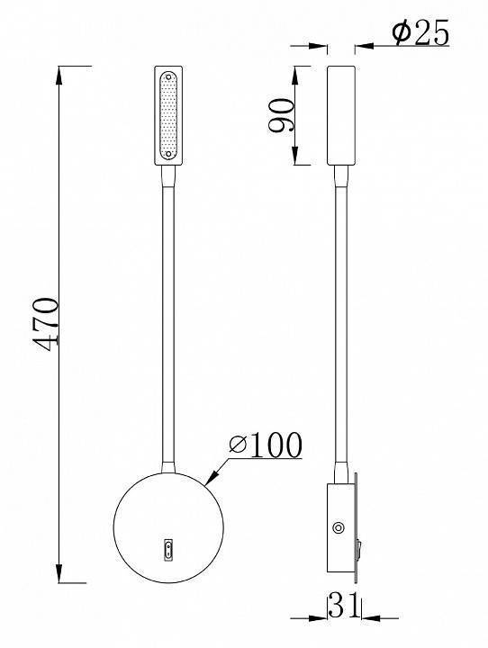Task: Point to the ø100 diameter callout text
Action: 265,444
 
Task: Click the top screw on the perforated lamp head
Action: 168,76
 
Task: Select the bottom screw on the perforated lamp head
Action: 168,156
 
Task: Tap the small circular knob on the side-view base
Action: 339,529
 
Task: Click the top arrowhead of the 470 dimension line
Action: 61,73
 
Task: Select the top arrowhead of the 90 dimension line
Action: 297,72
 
